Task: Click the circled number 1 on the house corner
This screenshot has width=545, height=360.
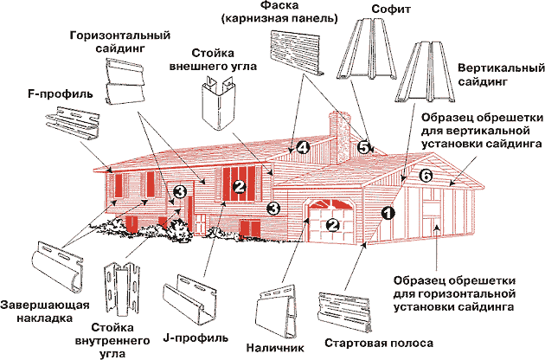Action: point(387,210)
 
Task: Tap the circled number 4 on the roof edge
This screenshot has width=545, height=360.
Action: point(302,148)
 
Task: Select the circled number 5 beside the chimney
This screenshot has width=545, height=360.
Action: point(364,148)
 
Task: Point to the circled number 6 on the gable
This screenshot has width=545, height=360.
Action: point(425,176)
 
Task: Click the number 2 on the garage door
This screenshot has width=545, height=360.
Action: point(332,225)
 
